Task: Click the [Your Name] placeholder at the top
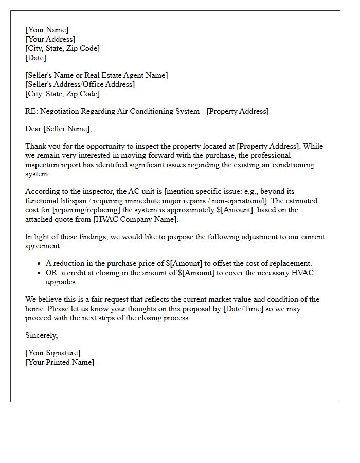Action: pos(47,30)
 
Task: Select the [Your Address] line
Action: pos(50,39)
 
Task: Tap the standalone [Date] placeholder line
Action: pos(35,58)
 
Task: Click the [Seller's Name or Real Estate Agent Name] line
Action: pos(96,75)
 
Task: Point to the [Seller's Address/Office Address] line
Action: pos(80,84)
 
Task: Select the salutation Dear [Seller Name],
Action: pos(58,129)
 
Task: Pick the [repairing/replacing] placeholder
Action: pos(82,210)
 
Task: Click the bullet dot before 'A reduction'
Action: pos(40,264)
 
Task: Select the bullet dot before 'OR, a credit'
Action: pos(40,273)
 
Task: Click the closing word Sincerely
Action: pos(41,335)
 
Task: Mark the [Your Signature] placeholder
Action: pos(53,353)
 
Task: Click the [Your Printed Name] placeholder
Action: pos(60,362)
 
